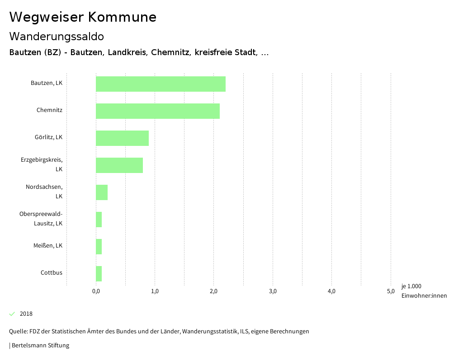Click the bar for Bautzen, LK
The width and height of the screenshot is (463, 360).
click(x=161, y=84)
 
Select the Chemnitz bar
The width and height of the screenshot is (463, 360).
click(x=157, y=111)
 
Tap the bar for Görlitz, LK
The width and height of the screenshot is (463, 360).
click(x=122, y=138)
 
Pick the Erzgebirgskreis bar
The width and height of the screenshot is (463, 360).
click(x=119, y=165)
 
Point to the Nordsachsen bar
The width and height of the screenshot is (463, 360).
click(x=102, y=192)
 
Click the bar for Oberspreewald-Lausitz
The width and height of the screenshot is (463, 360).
click(x=99, y=220)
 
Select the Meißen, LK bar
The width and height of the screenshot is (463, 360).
click(x=99, y=247)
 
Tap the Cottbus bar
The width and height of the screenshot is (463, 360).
click(x=99, y=274)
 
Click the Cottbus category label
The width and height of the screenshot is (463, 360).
click(x=52, y=272)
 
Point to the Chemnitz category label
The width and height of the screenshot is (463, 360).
click(x=49, y=110)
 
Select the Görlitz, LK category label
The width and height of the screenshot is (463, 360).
click(x=48, y=137)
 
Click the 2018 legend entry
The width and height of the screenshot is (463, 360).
click(x=26, y=313)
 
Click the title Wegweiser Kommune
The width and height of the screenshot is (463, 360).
click(x=83, y=17)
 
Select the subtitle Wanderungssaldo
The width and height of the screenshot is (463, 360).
click(x=57, y=36)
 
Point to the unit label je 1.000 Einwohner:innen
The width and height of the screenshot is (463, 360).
click(x=424, y=291)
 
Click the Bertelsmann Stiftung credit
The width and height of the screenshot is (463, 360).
click(x=40, y=346)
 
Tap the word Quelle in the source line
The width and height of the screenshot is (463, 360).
click(x=18, y=332)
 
